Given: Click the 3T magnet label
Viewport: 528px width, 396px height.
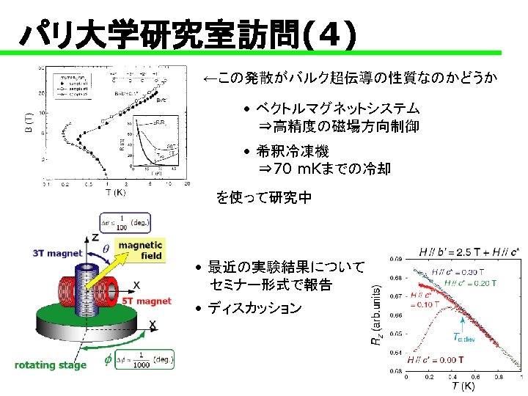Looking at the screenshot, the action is tap(57, 254).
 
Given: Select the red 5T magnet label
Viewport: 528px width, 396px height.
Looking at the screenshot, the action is tap(147, 301).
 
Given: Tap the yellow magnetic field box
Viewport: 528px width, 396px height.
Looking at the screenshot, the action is tap(140, 250).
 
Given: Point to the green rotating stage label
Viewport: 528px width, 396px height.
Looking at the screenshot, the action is tap(51, 364).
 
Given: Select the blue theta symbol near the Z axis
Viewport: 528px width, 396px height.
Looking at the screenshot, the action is tap(106, 249).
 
